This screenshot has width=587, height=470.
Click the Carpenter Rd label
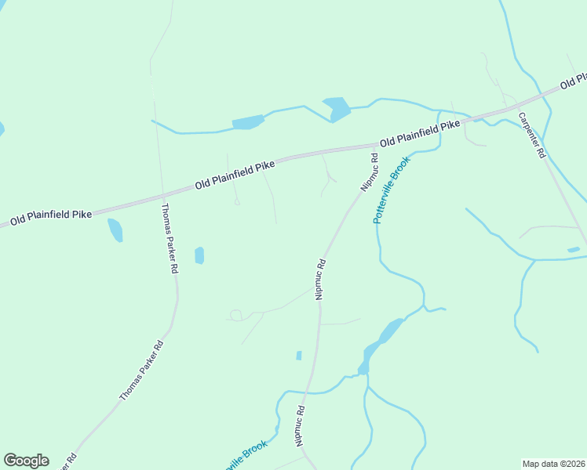pos(530,136)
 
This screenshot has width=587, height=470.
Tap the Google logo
pos(26,461)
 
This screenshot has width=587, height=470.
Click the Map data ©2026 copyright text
pos(553,464)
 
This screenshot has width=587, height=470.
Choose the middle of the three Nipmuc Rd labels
pos(320,279)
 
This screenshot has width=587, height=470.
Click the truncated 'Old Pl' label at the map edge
pos(574,81)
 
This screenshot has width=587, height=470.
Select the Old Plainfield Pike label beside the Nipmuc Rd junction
pos(419,134)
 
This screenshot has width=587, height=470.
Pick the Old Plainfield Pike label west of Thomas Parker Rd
pos(50,214)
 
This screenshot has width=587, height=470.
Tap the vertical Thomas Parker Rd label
pos(168,237)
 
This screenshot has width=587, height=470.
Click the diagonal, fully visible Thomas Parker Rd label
pos(141,371)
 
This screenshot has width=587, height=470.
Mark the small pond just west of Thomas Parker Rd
pos(115,230)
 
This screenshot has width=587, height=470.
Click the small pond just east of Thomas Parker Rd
pos(199,255)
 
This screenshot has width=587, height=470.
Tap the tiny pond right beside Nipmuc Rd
pos(299,356)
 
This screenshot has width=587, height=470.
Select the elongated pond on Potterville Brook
pos(380,342)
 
